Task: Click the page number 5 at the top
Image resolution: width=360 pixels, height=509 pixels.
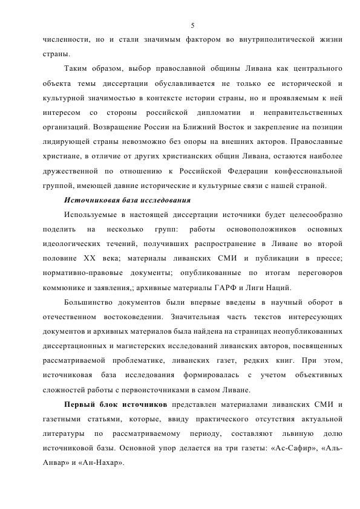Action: click(x=192, y=25)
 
